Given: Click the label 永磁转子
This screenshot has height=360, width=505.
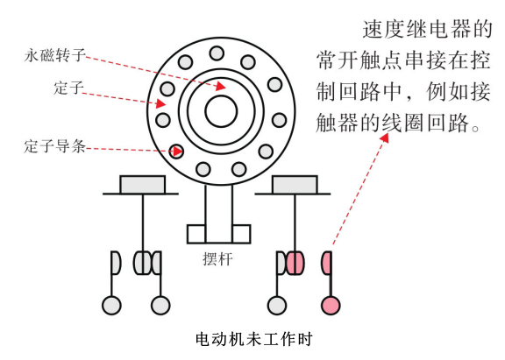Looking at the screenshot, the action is pyautogui.click(x=55, y=55).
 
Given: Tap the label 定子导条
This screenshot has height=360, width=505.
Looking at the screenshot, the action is pyautogui.click(x=55, y=146).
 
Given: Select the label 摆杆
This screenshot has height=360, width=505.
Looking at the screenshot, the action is pyautogui.click(x=217, y=259).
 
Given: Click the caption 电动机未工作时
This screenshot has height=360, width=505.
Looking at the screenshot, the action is pyautogui.click(x=254, y=339).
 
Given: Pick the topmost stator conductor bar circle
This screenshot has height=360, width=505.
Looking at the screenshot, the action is pyautogui.click(x=217, y=53).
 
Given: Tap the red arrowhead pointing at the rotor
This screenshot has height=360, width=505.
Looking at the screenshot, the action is pyautogui.click(x=221, y=86).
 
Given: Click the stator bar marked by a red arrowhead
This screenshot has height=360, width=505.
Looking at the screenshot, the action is pyautogui.click(x=176, y=152).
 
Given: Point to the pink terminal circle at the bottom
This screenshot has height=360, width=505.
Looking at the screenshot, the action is pyautogui.click(x=331, y=306).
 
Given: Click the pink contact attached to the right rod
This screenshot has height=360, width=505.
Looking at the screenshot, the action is pyautogui.click(x=295, y=263).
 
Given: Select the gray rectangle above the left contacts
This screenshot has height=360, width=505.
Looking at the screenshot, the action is pyautogui.click(x=143, y=185).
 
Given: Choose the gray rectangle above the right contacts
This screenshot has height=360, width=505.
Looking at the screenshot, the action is pyautogui.click(x=295, y=185).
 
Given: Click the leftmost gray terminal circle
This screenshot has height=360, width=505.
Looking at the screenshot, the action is pyautogui.click(x=111, y=306).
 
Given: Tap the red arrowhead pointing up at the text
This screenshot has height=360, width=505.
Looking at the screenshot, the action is pyautogui.click(x=384, y=138).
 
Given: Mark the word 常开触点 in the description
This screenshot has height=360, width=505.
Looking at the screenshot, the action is pyautogui.click(x=359, y=60).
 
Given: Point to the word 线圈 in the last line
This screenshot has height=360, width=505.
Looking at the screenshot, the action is pyautogui.click(x=403, y=123).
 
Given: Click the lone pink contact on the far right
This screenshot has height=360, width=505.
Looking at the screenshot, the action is pyautogui.click(x=326, y=263).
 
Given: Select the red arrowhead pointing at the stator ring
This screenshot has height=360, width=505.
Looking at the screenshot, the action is pyautogui.click(x=161, y=103).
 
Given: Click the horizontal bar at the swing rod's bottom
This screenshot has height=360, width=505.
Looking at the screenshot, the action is pyautogui.click(x=218, y=234).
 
